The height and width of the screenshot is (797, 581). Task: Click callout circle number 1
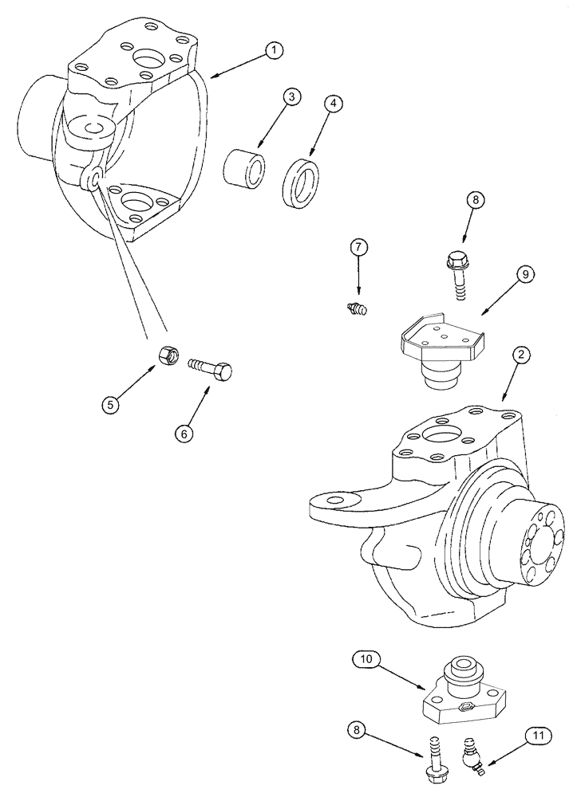click(274, 51)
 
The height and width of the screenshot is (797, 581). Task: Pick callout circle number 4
click(334, 103)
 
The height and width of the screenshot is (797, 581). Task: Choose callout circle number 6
click(184, 433)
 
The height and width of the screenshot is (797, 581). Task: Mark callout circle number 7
click(358, 247)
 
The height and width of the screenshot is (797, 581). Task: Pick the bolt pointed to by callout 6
click(211, 368)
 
